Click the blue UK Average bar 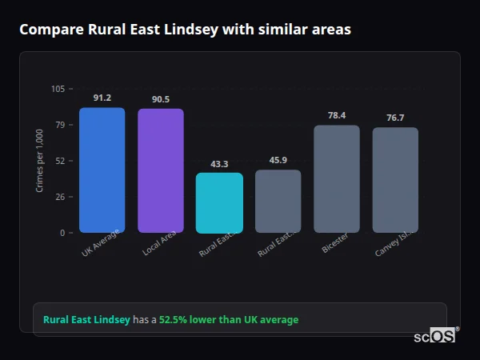pos(102,170)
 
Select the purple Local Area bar pos(161,171)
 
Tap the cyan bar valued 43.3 pos(219,203)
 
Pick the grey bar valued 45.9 pos(278,202)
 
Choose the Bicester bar pos(337,179)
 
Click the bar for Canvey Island pos(395,180)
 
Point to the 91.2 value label pos(102,98)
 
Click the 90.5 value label pos(161,99)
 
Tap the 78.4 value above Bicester pos(337,115)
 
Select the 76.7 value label pos(395,118)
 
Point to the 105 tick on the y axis pos(58,89)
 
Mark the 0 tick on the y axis pos(62,233)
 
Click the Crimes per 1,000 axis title pos(40,161)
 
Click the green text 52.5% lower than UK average pos(229,320)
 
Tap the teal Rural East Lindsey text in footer pos(86,320)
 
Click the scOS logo pos(434,337)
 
